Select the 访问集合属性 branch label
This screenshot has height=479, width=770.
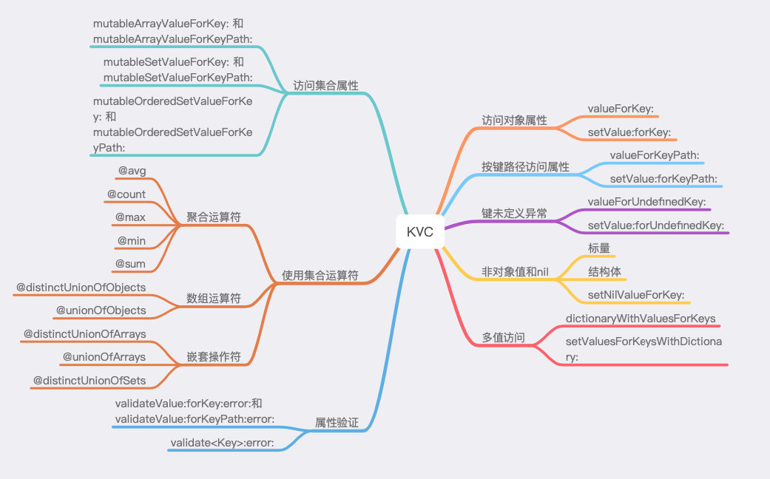point(325,86)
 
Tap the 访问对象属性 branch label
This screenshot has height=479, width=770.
point(515,120)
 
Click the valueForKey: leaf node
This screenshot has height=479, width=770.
point(621,109)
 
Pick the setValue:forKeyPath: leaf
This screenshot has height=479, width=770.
point(664,179)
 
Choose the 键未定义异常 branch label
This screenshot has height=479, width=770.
point(515,214)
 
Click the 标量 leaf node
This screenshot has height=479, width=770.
point(599,248)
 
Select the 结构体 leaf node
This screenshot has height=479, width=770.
point(604,271)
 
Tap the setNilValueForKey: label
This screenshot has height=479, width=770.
point(636,295)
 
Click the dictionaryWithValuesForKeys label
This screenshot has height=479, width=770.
point(641,319)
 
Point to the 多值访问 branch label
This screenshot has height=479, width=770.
point(504,338)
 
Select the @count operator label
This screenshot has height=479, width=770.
point(126,194)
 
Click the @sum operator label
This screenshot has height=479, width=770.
point(130,263)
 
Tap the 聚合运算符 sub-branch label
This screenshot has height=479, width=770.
point(214,217)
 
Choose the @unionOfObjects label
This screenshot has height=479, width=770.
point(101,310)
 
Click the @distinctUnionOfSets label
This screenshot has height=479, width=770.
point(90,381)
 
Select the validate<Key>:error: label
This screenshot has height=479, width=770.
point(223,443)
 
